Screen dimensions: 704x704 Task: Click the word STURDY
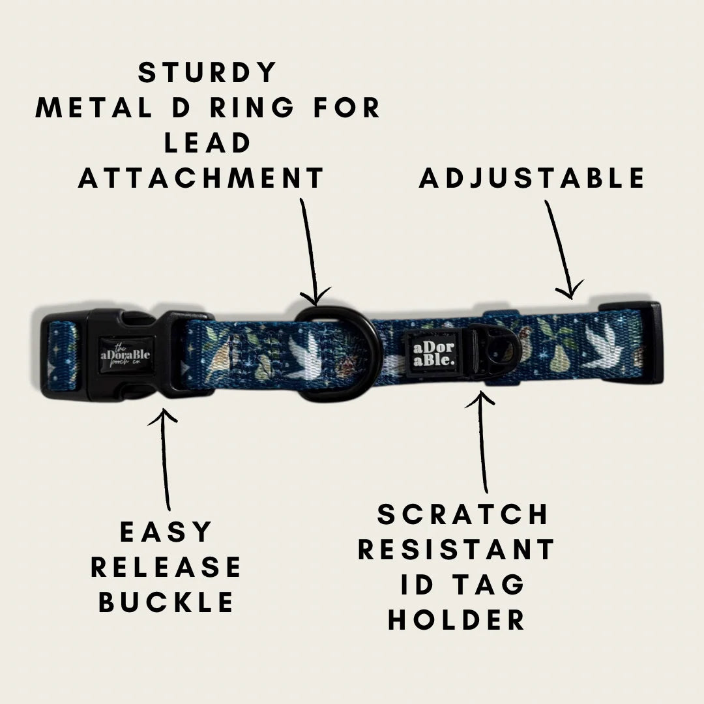tap(207, 72)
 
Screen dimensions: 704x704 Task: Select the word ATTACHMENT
tap(201, 178)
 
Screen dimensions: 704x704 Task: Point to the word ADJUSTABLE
tap(532, 178)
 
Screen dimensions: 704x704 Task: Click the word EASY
tap(166, 532)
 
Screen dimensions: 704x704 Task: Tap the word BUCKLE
tap(166, 602)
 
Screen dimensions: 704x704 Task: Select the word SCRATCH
tap(462, 514)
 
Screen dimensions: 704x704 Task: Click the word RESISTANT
tap(456, 549)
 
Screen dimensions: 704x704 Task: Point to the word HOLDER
tap(456, 620)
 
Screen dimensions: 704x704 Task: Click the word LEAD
tap(207, 143)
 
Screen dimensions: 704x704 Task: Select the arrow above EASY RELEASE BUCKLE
tap(165, 459)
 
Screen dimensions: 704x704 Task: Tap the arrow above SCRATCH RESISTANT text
tap(482, 442)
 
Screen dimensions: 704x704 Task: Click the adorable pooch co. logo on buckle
tap(125, 355)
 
